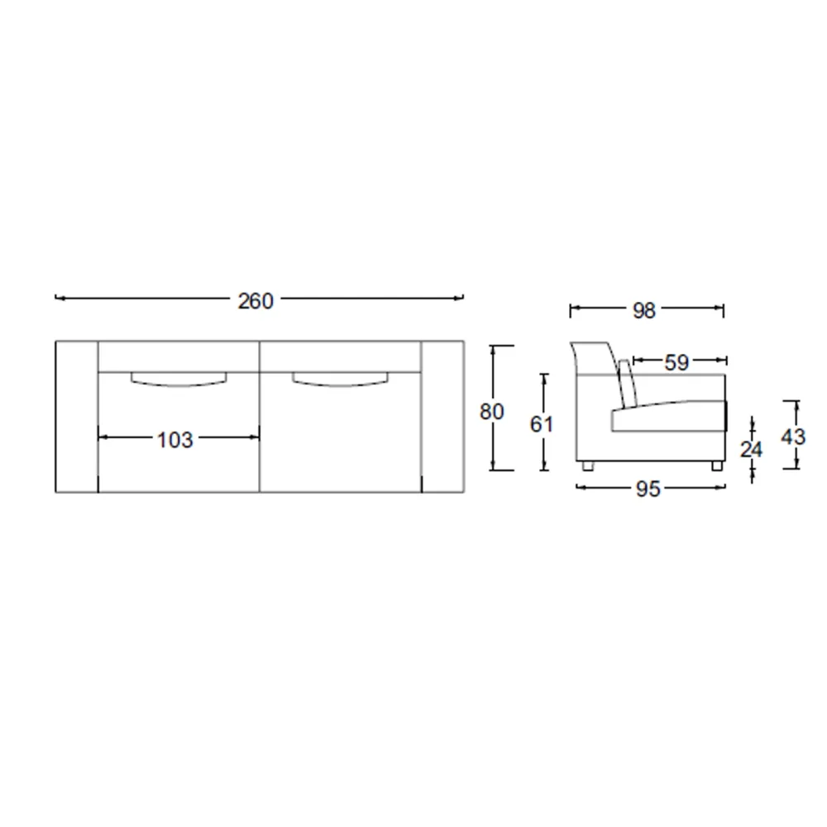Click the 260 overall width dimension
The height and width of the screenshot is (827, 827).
click(x=256, y=301)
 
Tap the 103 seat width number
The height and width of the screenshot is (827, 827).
click(x=175, y=440)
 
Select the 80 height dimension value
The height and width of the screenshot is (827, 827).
click(x=491, y=411)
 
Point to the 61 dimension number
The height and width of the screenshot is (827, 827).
click(x=541, y=424)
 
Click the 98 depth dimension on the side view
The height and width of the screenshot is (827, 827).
click(x=644, y=311)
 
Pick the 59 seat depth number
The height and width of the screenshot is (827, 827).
click(x=676, y=362)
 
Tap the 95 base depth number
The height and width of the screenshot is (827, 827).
click(x=648, y=489)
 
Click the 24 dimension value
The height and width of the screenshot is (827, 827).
click(x=751, y=449)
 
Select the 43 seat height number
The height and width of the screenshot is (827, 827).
click(x=793, y=437)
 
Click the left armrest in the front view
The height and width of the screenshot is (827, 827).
click(x=77, y=417)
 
